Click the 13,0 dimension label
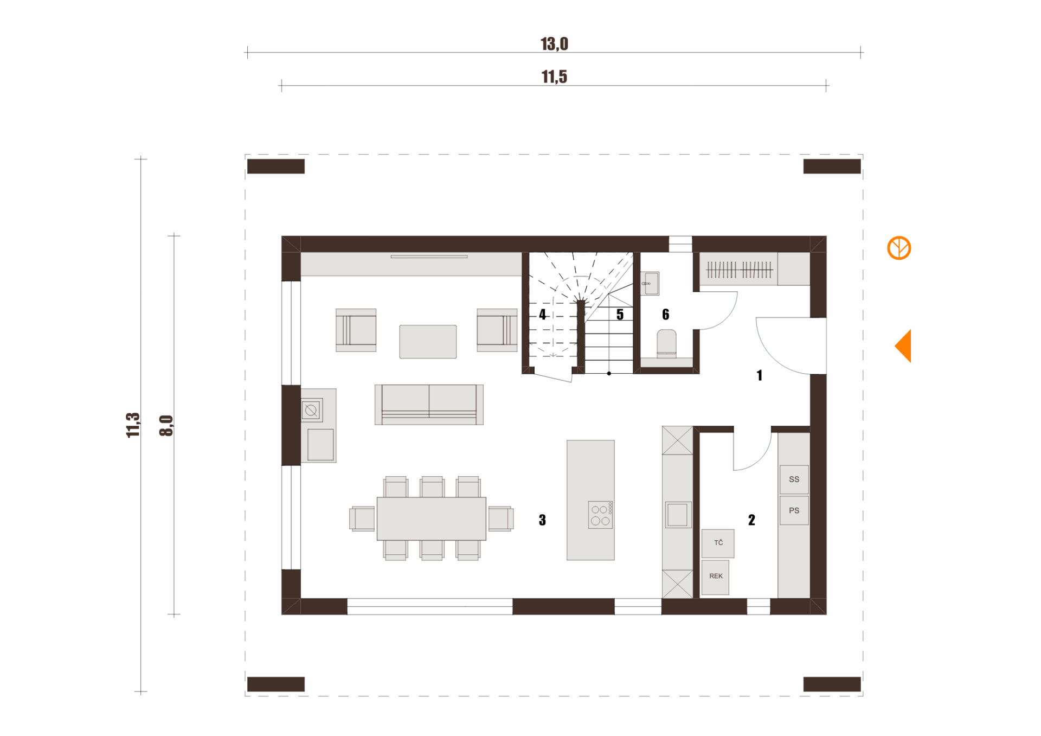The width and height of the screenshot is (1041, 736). point(554,44)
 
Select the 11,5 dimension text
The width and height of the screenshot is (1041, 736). point(554,77)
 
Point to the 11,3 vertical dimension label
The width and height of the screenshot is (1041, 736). point(133,425)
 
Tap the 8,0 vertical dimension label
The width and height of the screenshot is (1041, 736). point(166,426)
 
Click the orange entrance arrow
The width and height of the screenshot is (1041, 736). point(903,346)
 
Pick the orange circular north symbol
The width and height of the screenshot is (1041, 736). point(899,248)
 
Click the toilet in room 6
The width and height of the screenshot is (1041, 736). point(667,344)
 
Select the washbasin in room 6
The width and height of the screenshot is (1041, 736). point(650,283)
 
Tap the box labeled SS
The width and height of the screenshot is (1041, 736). point(794,479)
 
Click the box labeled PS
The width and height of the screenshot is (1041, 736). point(794,510)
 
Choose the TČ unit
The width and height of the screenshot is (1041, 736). point(718,543)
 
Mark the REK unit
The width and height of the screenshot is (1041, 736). point(715,577)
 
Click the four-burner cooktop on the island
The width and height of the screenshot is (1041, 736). point(600,514)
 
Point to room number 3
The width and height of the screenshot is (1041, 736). point(542,520)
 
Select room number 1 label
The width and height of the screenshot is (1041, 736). point(760,375)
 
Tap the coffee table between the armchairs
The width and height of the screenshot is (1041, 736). point(428,342)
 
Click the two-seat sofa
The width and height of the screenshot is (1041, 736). point(429,405)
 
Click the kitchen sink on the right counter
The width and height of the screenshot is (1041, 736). point(678,515)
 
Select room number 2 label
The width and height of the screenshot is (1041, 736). point(751,520)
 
